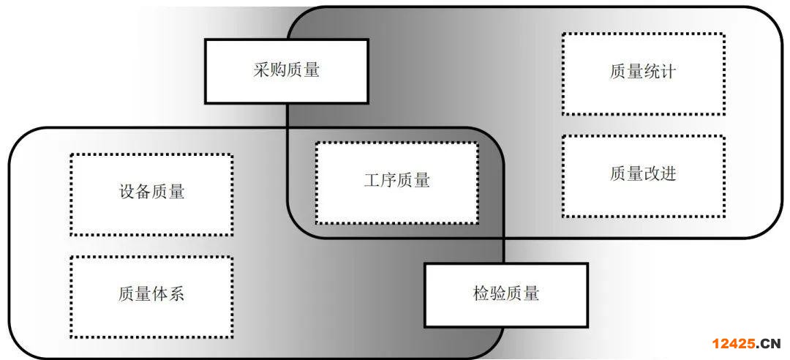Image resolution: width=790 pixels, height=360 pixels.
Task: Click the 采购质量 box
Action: pyautogui.click(x=286, y=71)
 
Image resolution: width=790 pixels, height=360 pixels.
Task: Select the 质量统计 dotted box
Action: pyautogui.click(x=643, y=73)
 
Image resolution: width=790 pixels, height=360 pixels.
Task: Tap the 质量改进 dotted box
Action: pyautogui.click(x=643, y=175)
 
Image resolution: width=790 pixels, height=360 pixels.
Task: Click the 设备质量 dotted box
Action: pyautogui.click(x=151, y=193)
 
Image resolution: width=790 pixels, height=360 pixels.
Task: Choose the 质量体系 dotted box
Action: pyautogui.click(x=151, y=296)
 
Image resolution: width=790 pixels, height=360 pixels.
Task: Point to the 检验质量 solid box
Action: pyautogui.click(x=505, y=295)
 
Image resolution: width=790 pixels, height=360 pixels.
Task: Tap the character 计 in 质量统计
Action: pyautogui.click(x=668, y=72)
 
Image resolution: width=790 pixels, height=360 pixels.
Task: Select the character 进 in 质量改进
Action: pyautogui.click(x=668, y=174)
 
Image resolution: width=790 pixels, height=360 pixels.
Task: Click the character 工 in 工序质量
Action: pyautogui.click(x=372, y=181)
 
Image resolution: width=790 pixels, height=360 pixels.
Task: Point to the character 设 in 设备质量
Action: pyautogui.click(x=127, y=192)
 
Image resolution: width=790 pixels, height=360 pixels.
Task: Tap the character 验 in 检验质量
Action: pyautogui.click(x=497, y=294)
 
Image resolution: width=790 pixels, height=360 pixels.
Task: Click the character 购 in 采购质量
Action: pyautogui.click(x=278, y=71)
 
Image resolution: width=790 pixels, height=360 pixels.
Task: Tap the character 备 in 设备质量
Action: pyautogui.click(x=143, y=192)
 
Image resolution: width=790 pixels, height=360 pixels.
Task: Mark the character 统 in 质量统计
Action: pyautogui.click(x=651, y=72)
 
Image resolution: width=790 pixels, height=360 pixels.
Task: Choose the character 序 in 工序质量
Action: pyautogui.click(x=388, y=181)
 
